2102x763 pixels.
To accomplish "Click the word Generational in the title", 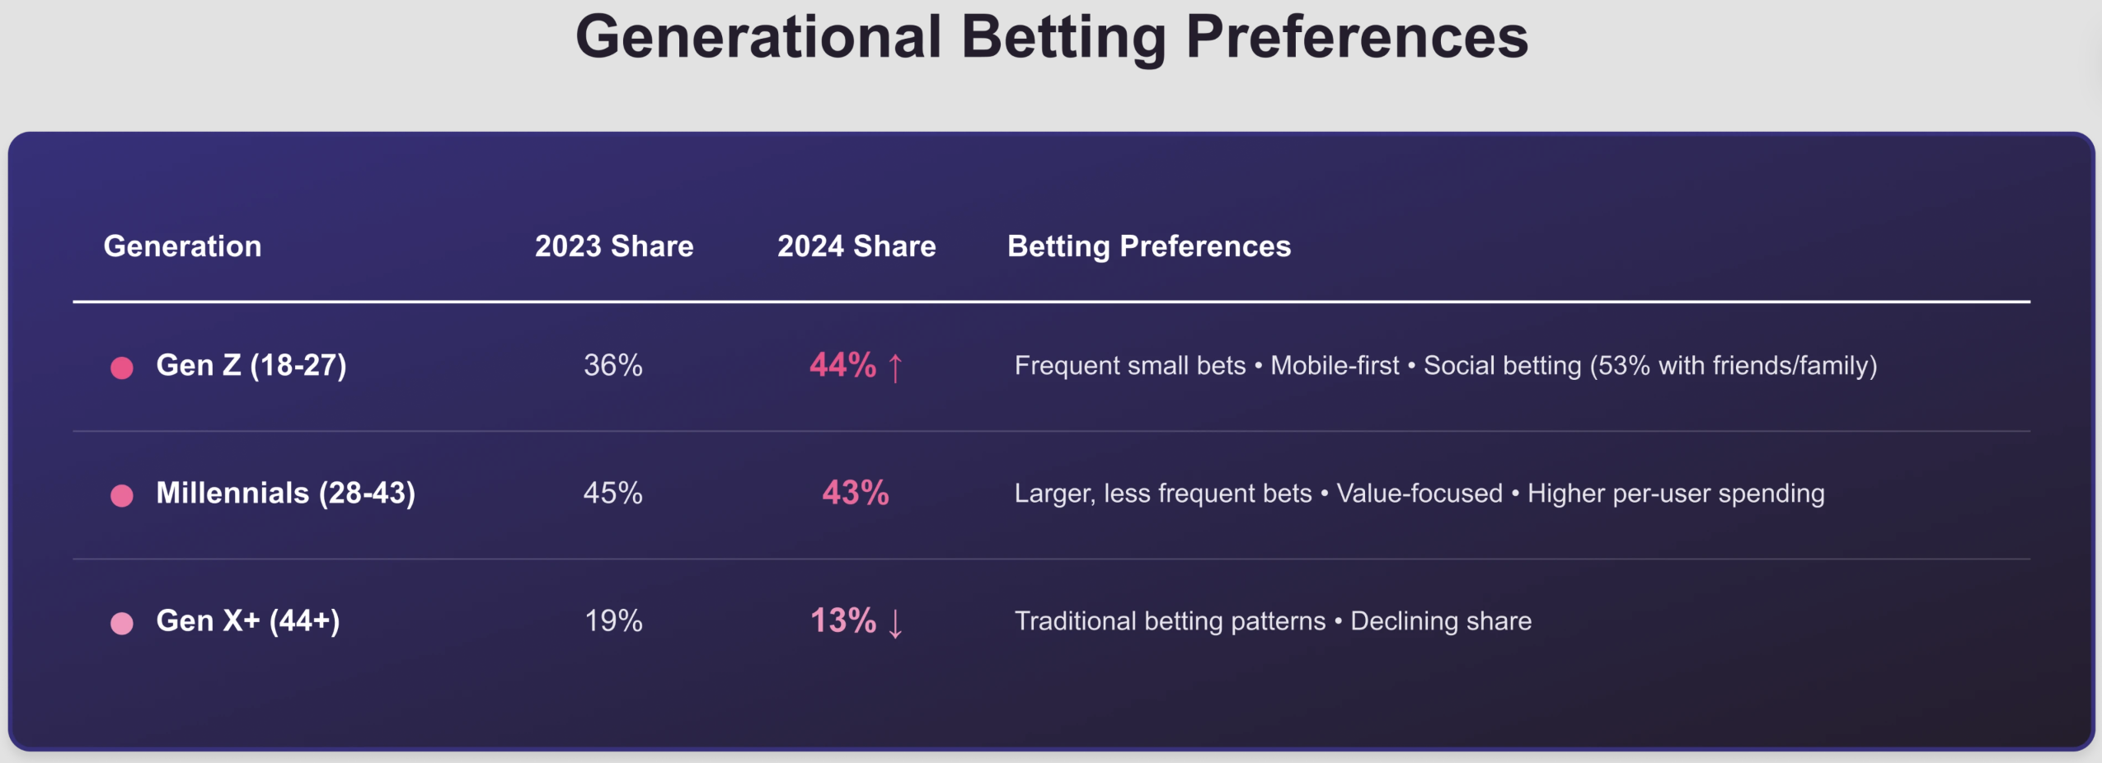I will (x=758, y=38).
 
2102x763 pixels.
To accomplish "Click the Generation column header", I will (x=182, y=246).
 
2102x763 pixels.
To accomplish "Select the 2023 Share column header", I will (x=614, y=246).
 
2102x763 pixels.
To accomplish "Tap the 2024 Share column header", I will (x=856, y=246).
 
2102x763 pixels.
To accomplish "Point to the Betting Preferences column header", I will (x=1149, y=246).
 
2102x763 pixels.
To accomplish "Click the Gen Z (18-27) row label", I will (x=251, y=365).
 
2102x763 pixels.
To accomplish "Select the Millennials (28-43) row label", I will (x=286, y=493).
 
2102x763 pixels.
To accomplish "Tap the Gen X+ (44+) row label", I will (x=248, y=620).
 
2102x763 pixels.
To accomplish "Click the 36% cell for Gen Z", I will (x=612, y=365).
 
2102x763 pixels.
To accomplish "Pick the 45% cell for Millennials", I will (x=612, y=493).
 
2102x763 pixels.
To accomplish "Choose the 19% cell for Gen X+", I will (x=612, y=620).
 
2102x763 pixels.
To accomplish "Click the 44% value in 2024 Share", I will (x=842, y=365).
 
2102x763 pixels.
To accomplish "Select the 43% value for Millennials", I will (x=856, y=493).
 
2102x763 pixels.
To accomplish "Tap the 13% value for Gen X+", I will (x=842, y=620).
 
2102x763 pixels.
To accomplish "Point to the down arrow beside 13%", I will (x=896, y=623).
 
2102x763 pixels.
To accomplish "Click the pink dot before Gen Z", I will (x=122, y=367).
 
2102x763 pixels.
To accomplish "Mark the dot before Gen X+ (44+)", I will (x=122, y=623).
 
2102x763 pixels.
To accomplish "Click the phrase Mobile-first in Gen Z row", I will (x=1335, y=365).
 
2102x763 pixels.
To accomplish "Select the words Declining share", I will (x=1441, y=620).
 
